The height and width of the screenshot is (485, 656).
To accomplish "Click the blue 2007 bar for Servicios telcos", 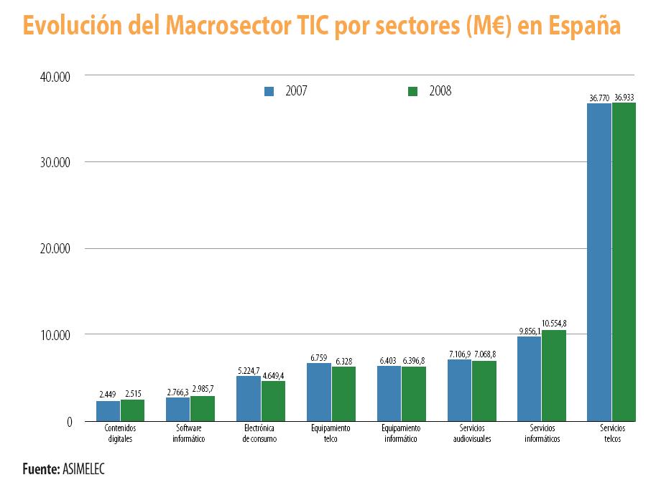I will click(599, 262).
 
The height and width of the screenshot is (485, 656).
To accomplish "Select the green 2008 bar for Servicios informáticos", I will click(554, 375).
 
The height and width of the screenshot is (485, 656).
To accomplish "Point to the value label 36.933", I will click(624, 98).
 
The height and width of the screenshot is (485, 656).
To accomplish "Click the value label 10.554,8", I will click(554, 324).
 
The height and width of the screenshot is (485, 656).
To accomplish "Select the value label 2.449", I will click(108, 395).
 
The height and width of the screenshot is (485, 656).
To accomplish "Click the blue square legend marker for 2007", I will click(269, 91).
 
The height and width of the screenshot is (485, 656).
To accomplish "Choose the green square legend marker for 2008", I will click(412, 91).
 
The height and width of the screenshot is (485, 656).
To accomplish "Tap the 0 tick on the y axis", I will click(70, 422).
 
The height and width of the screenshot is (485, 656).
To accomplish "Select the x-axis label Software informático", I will click(189, 433).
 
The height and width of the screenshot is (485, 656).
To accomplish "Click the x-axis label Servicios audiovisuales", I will click(472, 433).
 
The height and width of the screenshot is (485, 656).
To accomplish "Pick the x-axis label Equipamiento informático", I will click(401, 433).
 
